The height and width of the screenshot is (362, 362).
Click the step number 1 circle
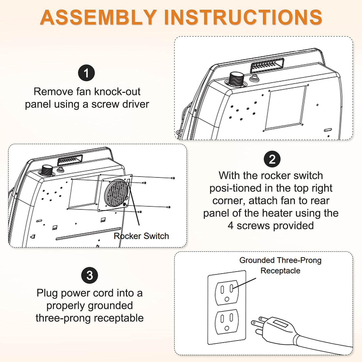86,73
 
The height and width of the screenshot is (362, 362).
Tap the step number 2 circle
272,159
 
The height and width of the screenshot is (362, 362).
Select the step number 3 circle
89,276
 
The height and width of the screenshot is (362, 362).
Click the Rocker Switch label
141,236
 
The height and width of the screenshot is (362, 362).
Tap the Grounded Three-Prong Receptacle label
280,265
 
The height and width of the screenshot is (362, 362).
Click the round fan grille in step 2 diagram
116,193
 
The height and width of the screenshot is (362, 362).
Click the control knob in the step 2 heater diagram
47,170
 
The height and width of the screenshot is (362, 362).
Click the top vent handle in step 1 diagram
267,65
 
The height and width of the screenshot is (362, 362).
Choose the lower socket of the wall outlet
227,321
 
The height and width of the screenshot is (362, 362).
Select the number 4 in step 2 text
231,225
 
